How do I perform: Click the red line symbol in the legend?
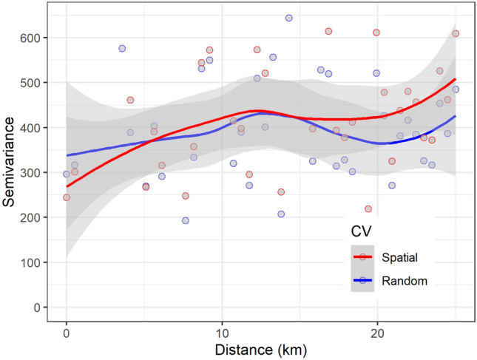pyautogui.click(x=362, y=257)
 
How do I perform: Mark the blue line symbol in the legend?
pyautogui.click(x=362, y=280)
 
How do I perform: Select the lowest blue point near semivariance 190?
pyautogui.click(x=186, y=220)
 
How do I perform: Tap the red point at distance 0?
pyautogui.click(x=67, y=197)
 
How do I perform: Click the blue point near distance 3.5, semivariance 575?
pyautogui.click(x=122, y=48)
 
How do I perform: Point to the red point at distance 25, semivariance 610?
pyautogui.click(x=456, y=33)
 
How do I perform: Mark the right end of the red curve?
pyautogui.click(x=456, y=78)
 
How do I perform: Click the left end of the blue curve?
pyautogui.click(x=67, y=156)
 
